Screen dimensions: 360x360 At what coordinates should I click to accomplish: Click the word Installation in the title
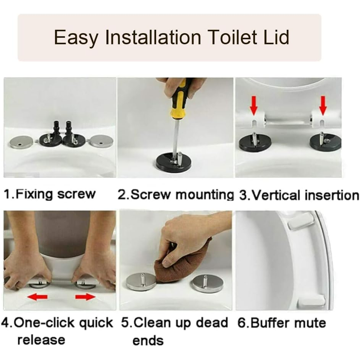153,37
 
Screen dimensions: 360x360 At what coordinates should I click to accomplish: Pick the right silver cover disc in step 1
101,141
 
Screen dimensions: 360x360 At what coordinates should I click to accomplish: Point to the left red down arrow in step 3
253,105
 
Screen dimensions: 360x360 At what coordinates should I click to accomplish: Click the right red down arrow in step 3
323,105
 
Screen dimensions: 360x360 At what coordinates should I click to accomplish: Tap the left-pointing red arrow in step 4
38,297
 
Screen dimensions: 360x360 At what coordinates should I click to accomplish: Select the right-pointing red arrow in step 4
85,297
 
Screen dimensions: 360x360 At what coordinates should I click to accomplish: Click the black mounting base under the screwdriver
174,163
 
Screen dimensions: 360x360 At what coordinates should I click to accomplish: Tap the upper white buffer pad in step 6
301,220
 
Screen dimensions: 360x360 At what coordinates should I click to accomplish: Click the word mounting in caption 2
204,195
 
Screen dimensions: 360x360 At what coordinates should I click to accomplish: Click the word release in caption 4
41,340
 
